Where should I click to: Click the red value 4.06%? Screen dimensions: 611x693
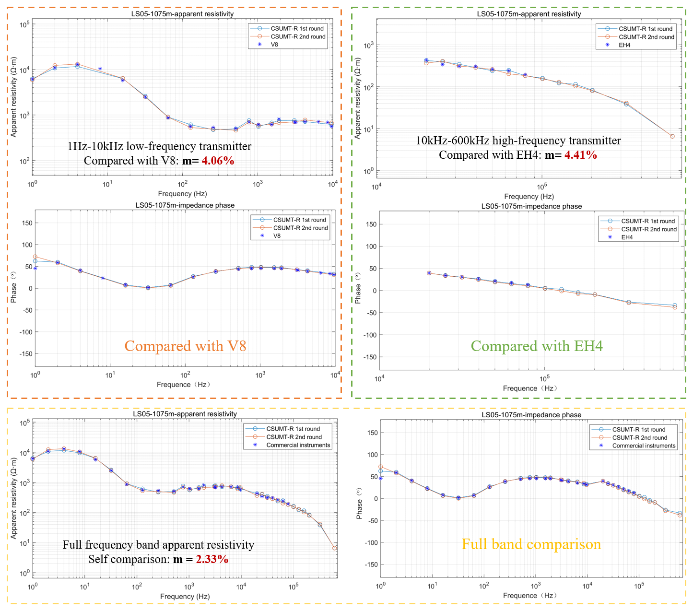click(218, 161)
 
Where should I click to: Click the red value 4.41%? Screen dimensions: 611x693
click(580, 155)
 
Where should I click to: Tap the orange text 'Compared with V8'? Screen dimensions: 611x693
click(185, 346)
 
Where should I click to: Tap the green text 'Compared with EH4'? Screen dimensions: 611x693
click(536, 346)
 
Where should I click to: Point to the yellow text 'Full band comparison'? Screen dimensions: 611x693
click(531, 544)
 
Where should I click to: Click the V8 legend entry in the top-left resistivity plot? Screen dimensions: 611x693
click(274, 45)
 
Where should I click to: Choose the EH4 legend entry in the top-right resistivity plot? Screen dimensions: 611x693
click(624, 45)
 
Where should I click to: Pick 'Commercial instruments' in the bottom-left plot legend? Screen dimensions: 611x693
click(298, 445)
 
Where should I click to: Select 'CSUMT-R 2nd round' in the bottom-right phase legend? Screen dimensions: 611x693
click(639, 437)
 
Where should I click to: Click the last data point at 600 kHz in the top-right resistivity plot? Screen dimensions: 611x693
click(672, 136)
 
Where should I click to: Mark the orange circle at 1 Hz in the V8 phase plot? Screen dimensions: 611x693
click(35, 257)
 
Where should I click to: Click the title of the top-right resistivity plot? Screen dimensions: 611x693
click(529, 14)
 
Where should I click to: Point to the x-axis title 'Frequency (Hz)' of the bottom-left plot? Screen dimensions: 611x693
click(185, 597)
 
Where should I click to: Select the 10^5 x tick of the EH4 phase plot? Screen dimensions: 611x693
click(544, 379)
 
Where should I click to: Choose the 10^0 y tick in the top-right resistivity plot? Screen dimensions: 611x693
click(368, 171)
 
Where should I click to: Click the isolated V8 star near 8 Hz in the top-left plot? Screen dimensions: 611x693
click(100, 69)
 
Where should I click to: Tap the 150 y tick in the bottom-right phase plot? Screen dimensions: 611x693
click(372, 433)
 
